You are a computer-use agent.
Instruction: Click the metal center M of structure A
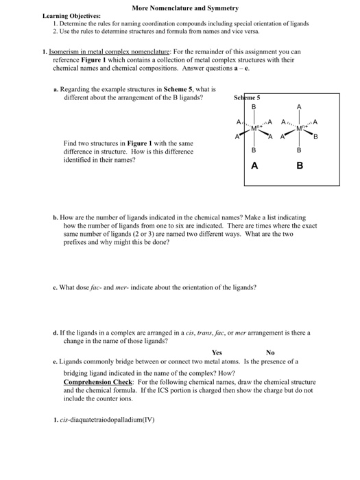255,128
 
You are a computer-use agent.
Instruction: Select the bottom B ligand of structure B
298,149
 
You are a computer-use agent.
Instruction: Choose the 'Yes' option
217,352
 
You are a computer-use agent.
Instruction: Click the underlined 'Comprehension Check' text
97,381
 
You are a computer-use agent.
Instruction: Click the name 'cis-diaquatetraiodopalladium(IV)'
108,420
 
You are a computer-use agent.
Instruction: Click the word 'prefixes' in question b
75,241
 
